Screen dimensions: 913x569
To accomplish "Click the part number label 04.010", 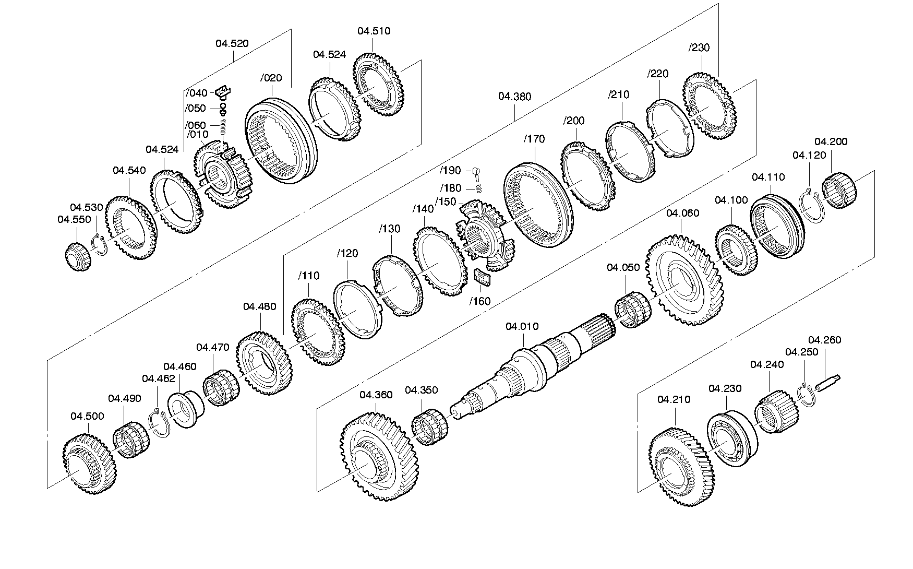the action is point(522,327).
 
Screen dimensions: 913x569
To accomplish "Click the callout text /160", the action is point(479,301).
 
